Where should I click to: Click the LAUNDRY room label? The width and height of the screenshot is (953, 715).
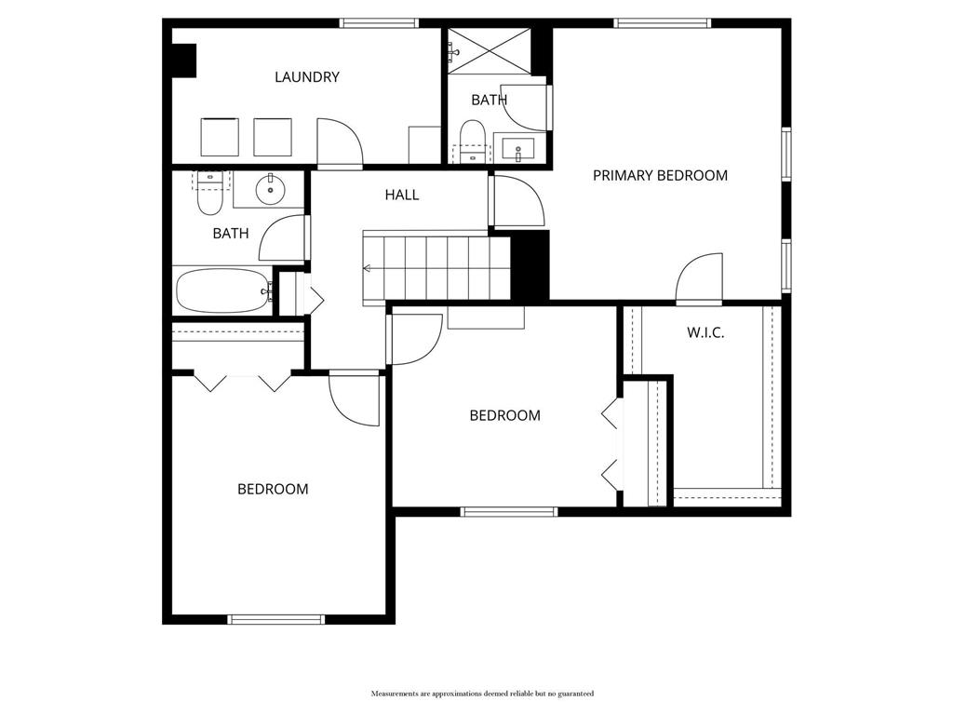click(306, 77)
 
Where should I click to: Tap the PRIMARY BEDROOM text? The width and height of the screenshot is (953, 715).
click(660, 175)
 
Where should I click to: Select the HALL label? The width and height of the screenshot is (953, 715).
click(402, 195)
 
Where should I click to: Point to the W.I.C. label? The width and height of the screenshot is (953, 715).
click(705, 332)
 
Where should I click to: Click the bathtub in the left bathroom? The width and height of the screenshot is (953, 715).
click(221, 290)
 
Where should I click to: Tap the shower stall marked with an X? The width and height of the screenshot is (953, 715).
click(490, 51)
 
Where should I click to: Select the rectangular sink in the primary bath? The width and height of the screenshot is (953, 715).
click(518, 148)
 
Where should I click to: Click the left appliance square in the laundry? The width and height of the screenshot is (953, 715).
click(221, 138)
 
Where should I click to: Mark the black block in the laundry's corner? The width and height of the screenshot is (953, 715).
click(183, 61)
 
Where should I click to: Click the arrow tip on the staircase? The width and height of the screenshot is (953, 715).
click(367, 269)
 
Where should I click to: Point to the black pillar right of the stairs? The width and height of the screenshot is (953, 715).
click(530, 265)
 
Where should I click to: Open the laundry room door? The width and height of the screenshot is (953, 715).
click(339, 144)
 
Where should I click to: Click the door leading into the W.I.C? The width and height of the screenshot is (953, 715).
click(699, 280)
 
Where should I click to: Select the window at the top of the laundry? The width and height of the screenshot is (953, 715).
click(378, 23)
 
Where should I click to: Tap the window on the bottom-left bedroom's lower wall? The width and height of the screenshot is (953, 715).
click(276, 619)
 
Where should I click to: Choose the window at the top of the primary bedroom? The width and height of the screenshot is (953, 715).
click(663, 23)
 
